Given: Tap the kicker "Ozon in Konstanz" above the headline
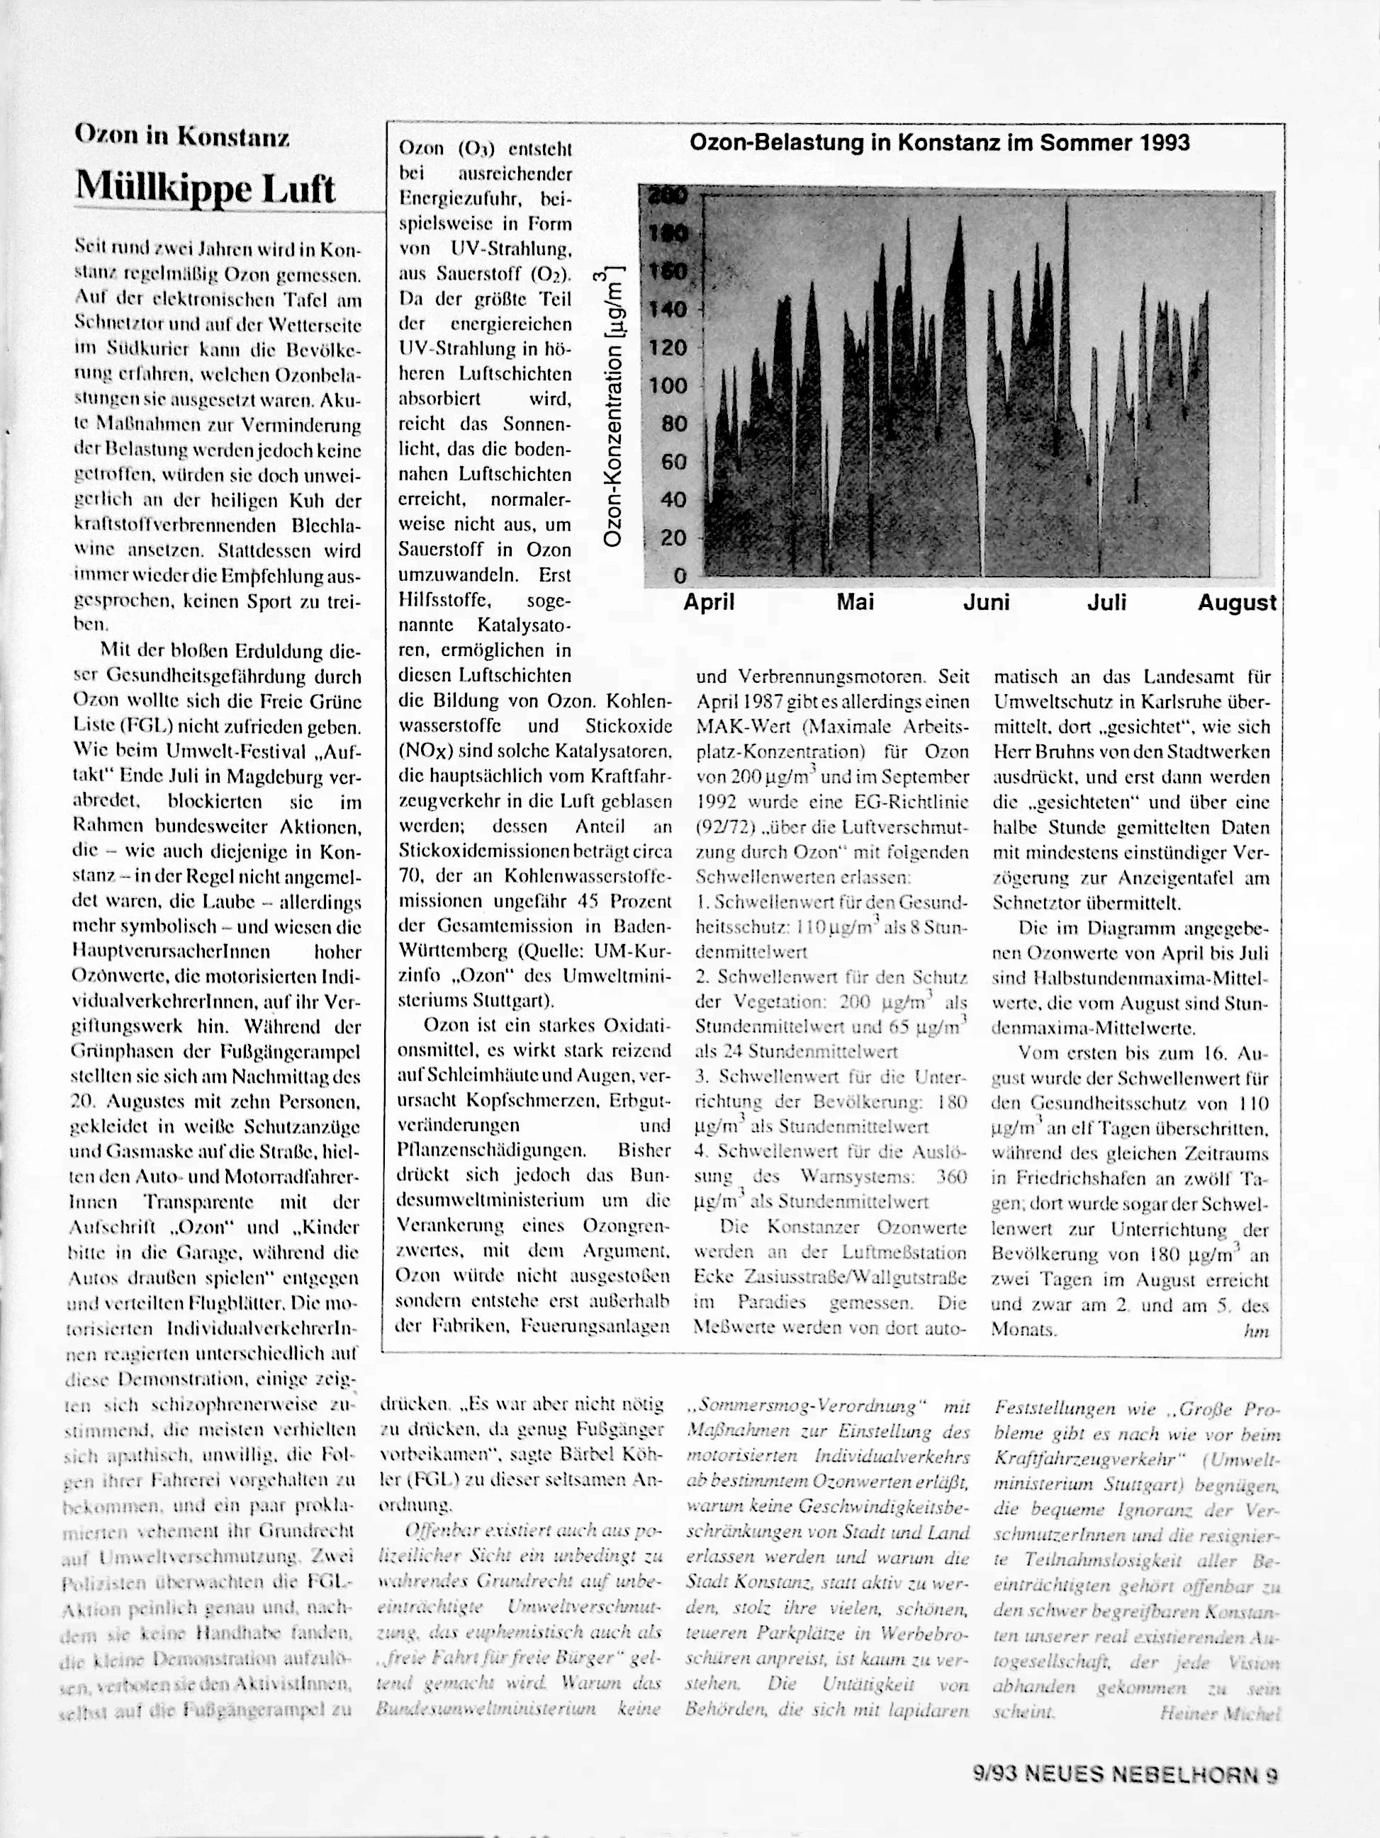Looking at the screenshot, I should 182,135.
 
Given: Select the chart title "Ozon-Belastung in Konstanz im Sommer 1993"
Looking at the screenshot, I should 939,143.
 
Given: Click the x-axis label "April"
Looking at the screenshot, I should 708,603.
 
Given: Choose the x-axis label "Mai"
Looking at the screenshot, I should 855,603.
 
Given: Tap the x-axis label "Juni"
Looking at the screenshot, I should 986,603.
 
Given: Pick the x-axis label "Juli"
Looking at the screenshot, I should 1106,603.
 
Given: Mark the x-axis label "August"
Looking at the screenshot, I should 1236,603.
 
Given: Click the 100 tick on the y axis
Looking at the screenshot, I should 668,385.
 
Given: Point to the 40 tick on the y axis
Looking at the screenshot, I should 673,499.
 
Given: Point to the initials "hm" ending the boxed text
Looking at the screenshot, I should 1256,1330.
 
